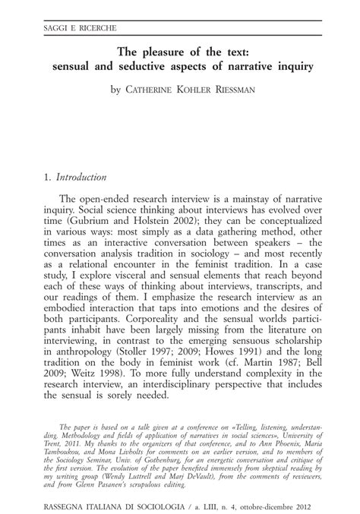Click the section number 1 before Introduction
click(49, 178)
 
